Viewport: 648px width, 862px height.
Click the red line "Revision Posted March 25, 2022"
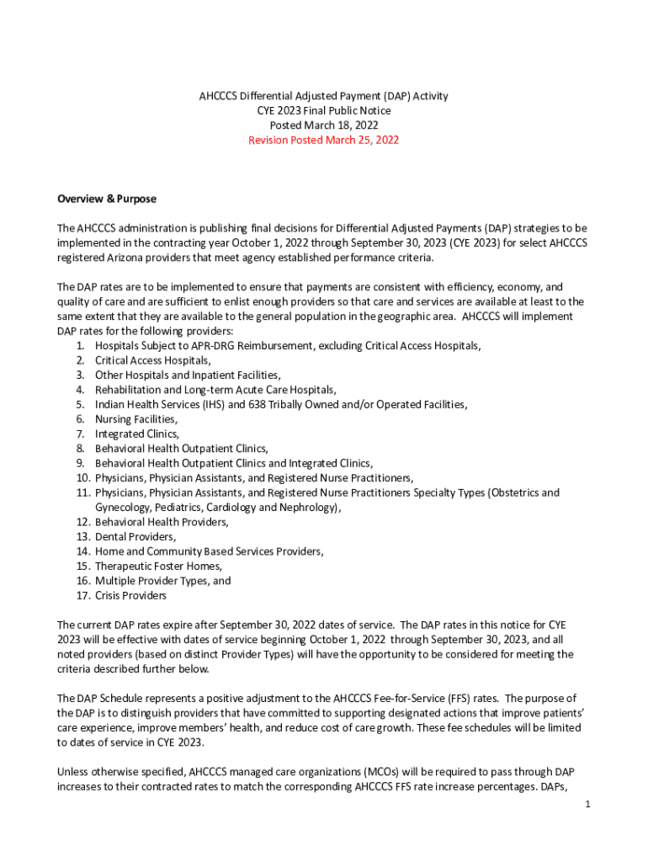(323, 140)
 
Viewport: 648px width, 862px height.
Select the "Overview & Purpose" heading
(107, 200)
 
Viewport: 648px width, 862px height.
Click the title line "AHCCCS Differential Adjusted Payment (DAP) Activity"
(323, 96)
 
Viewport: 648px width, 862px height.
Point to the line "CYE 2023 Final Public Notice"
(323, 110)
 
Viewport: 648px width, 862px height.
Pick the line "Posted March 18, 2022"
(323, 125)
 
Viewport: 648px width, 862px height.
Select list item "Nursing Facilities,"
(136, 419)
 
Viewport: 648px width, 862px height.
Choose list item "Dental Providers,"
(135, 536)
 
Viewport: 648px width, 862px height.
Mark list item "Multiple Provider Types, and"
(162, 581)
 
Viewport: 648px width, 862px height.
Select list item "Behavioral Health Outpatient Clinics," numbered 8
(181, 449)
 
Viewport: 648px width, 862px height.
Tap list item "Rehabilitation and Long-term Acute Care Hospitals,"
(215, 390)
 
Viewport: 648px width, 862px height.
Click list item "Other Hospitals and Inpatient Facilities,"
(188, 375)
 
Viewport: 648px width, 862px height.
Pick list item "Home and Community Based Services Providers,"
(209, 551)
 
